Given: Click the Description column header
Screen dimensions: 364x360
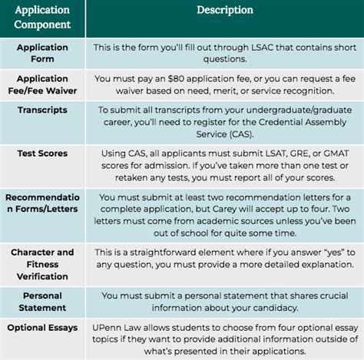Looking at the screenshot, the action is click(224, 10).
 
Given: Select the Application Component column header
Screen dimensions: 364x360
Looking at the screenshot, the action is click(42, 18).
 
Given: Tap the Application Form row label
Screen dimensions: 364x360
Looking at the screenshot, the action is click(42, 53).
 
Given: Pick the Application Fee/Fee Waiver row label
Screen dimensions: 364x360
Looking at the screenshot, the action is click(42, 84).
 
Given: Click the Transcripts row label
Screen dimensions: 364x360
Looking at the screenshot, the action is click(42, 110).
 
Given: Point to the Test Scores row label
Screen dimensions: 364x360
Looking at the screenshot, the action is click(42, 154).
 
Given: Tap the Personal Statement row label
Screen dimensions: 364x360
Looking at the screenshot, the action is click(42, 302).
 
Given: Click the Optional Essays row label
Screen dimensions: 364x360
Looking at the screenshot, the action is click(42, 329).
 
